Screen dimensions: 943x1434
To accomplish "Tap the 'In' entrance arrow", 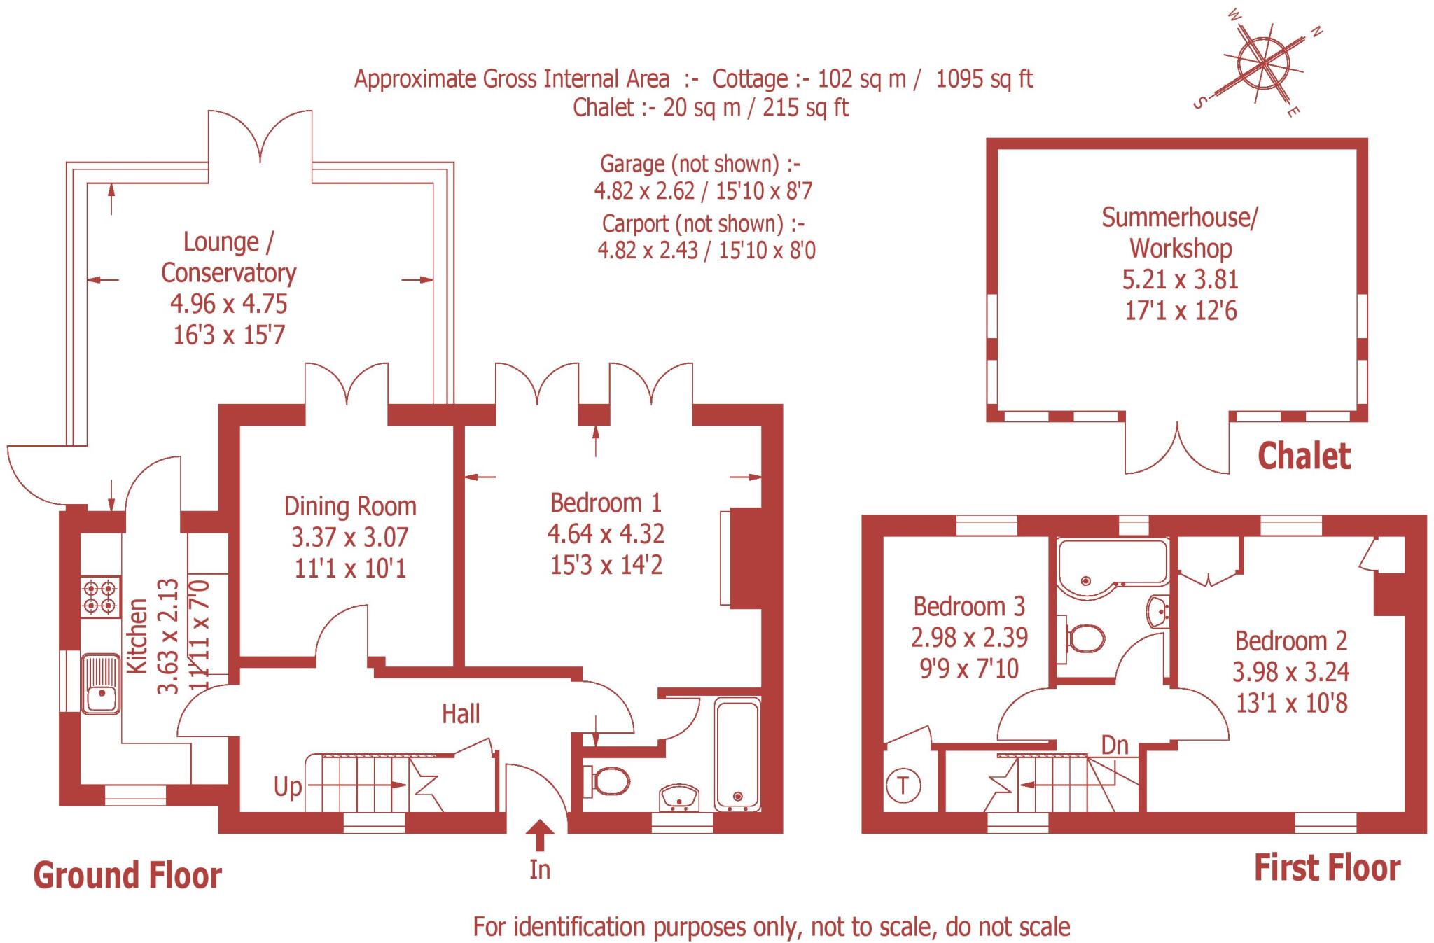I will [540, 836].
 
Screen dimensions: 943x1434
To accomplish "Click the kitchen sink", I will [101, 684].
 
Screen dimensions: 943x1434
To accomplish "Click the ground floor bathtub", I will [737, 755].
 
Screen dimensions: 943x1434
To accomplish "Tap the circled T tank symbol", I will [903, 785].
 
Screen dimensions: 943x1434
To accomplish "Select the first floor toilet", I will [1085, 638].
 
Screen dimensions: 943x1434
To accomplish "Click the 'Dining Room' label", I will [350, 506].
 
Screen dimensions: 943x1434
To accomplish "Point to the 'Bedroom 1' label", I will [606, 503].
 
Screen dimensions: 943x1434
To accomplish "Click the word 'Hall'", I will [461, 714].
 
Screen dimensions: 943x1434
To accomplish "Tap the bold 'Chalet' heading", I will [1304, 456].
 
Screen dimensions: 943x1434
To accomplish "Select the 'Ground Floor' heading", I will [127, 876].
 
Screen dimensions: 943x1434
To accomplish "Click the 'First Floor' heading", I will [1327, 868].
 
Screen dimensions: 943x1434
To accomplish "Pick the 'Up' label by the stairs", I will [288, 787].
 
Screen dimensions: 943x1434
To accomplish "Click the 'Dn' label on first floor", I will [1115, 745].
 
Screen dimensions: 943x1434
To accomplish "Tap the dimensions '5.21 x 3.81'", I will [1181, 279].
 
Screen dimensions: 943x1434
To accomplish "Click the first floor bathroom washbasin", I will [1158, 610].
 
